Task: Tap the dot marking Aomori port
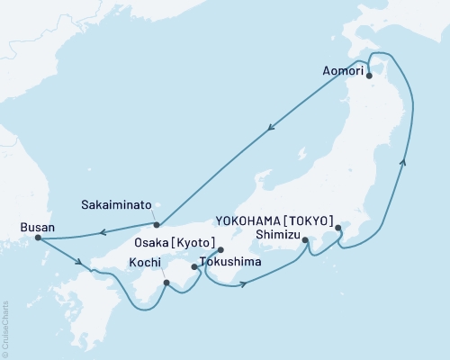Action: (369, 76)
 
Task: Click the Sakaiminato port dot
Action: (157, 224)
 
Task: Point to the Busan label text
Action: (35, 228)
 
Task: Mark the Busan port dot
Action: (37, 238)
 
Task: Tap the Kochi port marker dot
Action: (166, 283)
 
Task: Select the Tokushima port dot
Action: (195, 266)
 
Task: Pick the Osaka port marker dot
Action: (220, 250)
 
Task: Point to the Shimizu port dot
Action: (306, 240)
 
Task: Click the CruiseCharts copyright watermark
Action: (5, 328)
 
